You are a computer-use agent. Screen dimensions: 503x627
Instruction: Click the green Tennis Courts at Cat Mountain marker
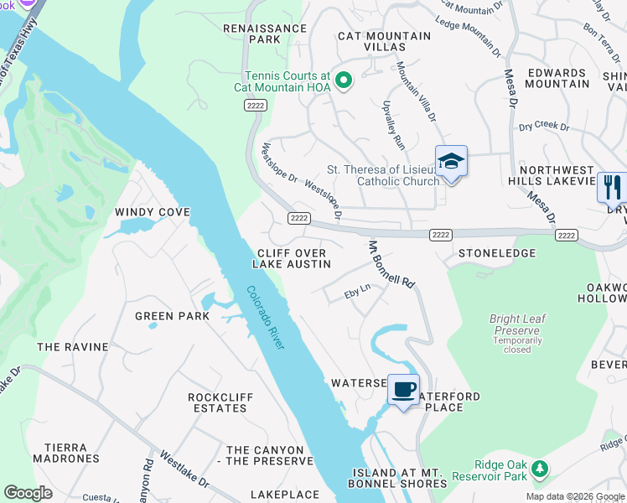[343, 80]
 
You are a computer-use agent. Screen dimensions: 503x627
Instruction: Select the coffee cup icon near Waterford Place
[403, 390]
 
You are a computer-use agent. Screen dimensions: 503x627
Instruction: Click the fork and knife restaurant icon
[613, 187]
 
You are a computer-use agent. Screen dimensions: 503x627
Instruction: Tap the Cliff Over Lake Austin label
[292, 258]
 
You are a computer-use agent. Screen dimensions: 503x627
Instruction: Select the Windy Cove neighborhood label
[153, 212]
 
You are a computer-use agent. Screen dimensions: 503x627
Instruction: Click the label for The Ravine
[73, 347]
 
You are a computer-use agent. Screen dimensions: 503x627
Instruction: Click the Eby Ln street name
[357, 295]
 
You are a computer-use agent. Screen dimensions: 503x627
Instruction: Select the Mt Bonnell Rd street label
[391, 265]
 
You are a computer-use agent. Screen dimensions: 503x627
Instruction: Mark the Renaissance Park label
[264, 34]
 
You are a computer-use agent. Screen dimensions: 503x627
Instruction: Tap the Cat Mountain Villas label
[384, 42]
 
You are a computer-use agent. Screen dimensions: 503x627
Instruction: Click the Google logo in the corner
[28, 493]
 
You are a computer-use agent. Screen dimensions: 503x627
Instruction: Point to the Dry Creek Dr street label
[543, 127]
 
